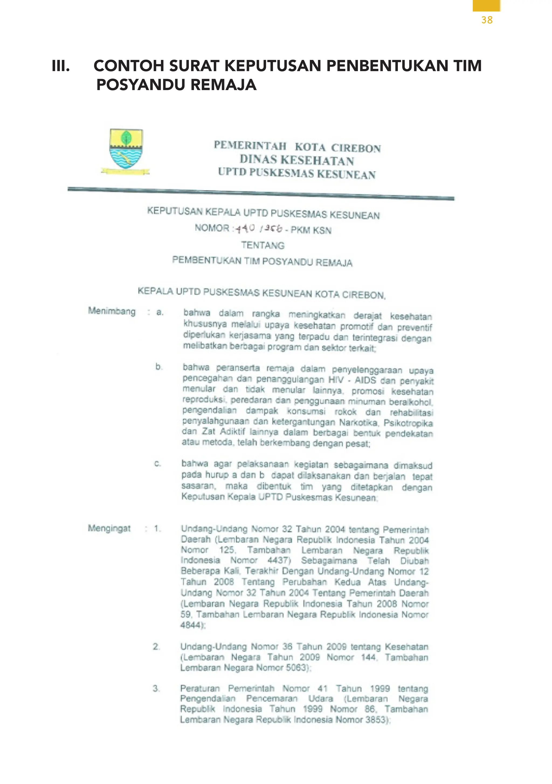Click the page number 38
coord(487,20)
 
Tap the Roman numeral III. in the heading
coord(61,66)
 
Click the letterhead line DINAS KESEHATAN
coord(297,160)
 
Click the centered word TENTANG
coord(263,245)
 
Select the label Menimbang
coord(112,311)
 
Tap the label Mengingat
coord(109,528)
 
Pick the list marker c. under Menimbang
coord(157,464)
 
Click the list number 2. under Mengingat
coord(156,646)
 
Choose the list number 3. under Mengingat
coord(156,688)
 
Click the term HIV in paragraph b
coord(336,380)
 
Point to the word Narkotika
coord(359,423)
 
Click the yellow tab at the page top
coord(487,5)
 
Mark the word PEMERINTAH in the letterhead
coord(250,146)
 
